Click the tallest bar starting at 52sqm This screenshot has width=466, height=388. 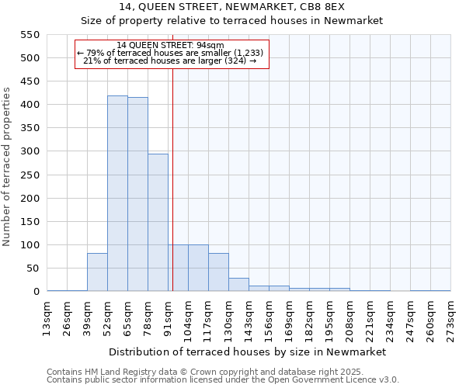click(x=117, y=194)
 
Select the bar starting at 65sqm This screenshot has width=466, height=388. click(x=137, y=195)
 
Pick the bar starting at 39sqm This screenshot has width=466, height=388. click(x=97, y=272)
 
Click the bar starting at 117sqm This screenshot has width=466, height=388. click(x=218, y=272)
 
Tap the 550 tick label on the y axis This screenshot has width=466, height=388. click(x=29, y=35)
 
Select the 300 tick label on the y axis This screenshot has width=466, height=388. click(x=29, y=151)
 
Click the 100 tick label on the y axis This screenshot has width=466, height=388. click(x=29, y=245)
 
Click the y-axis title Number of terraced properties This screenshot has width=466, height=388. click(x=8, y=167)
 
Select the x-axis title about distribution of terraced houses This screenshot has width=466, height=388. click(x=248, y=352)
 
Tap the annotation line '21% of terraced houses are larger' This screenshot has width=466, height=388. click(x=169, y=61)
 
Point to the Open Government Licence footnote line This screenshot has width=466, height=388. click(x=223, y=380)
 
